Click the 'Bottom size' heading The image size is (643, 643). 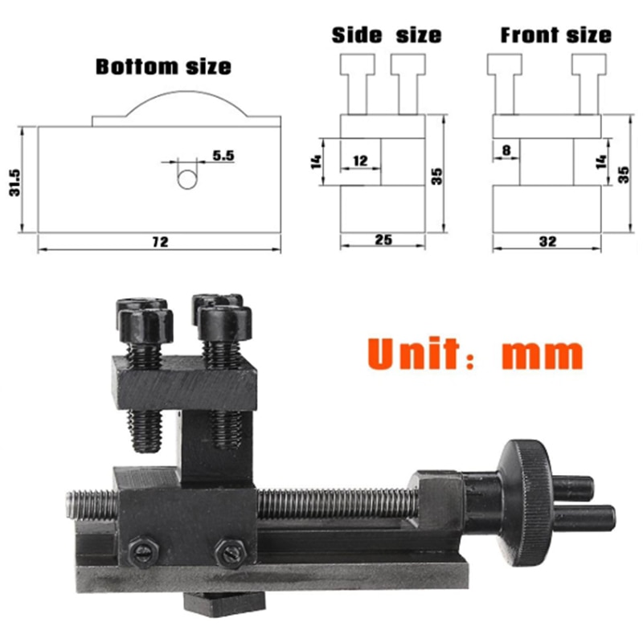click(x=163, y=66)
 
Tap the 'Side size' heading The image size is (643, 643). click(x=387, y=35)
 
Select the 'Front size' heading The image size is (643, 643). click(x=555, y=35)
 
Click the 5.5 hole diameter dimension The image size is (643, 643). click(x=223, y=156)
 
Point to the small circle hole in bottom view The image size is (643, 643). click(x=186, y=178)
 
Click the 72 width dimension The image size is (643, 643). click(x=160, y=242)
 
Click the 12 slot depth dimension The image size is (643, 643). click(x=359, y=162)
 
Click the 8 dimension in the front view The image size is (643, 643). click(x=506, y=149)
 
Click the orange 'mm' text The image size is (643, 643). click(x=542, y=353)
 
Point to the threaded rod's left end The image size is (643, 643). click(x=69, y=504)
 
